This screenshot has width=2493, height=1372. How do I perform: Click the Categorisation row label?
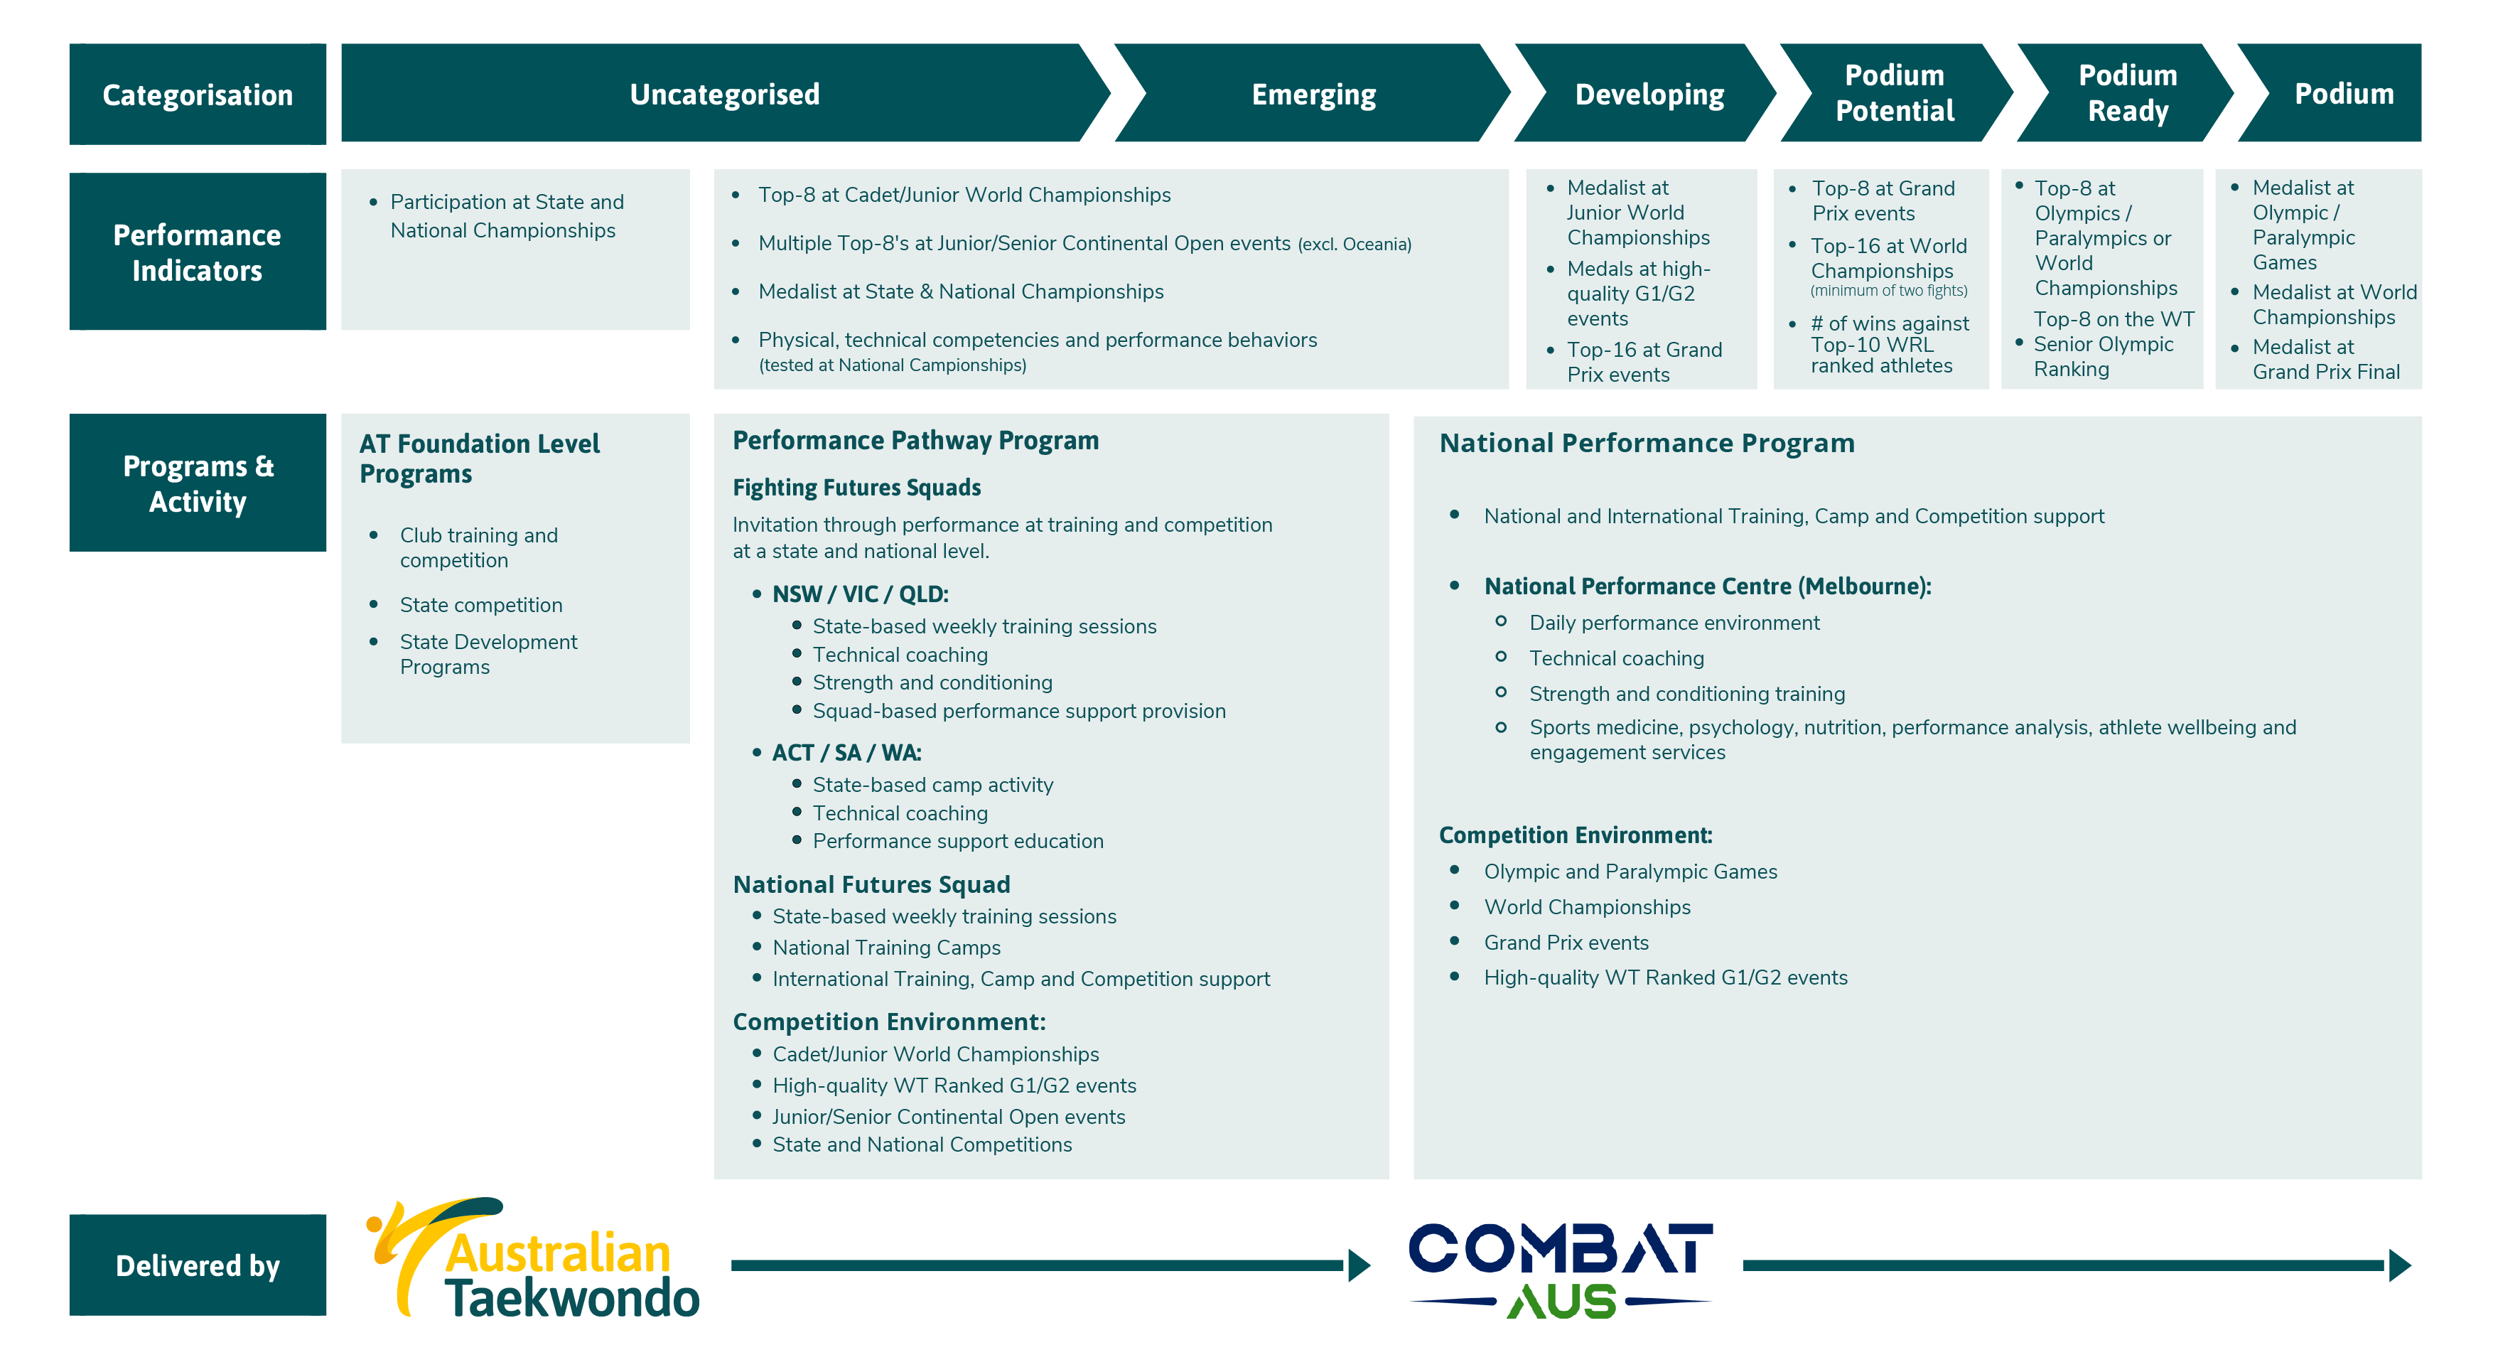click(198, 95)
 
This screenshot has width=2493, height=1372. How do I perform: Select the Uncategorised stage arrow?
click(724, 94)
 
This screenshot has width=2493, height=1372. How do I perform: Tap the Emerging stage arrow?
click(1313, 94)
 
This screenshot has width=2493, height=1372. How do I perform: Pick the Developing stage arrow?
click(1649, 94)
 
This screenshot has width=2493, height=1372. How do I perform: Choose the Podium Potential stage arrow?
click(1894, 93)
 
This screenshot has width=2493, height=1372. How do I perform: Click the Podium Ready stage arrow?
click(2127, 93)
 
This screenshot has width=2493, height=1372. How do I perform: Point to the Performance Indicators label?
click(198, 252)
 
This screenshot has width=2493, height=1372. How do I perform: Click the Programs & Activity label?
click(198, 483)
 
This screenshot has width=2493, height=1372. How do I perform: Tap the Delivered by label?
click(198, 1265)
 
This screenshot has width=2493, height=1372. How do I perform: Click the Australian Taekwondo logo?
click(532, 1259)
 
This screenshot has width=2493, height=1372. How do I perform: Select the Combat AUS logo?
click(1560, 1268)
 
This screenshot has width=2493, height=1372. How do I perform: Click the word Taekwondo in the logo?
click(571, 1298)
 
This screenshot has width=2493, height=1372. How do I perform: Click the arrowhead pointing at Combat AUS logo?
click(1359, 1265)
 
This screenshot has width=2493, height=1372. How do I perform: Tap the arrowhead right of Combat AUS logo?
click(2400, 1265)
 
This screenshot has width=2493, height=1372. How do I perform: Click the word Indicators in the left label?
click(198, 271)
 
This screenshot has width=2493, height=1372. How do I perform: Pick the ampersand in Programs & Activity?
click(264, 466)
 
